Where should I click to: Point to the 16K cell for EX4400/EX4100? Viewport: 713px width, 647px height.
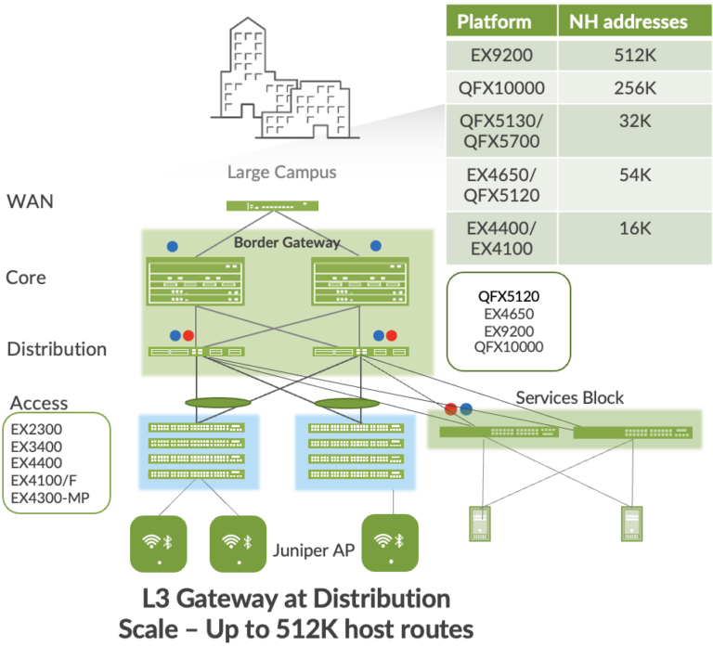click(636, 228)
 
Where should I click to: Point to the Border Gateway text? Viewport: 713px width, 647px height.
click(287, 242)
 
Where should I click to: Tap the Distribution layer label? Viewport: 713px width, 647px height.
click(58, 349)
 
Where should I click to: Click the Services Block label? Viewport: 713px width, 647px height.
click(569, 397)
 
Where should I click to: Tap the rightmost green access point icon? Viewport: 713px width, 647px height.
click(391, 542)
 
